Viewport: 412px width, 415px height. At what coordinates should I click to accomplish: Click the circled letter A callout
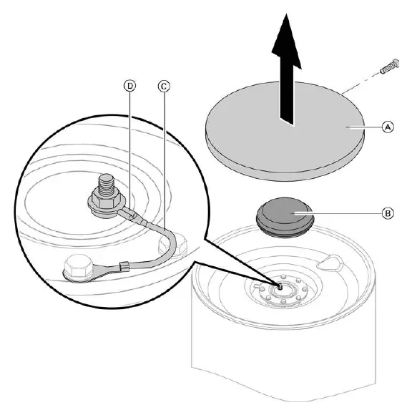pos(388,127)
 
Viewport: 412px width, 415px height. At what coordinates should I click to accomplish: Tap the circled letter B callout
pos(388,213)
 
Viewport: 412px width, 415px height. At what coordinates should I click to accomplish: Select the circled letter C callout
pos(164,87)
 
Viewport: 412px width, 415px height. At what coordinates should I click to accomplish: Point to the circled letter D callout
pos(130,86)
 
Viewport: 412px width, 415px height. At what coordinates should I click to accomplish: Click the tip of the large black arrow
pos(286,14)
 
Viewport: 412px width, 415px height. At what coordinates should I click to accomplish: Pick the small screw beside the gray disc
pos(390,67)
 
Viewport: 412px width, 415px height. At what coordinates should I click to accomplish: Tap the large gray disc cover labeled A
pos(285,131)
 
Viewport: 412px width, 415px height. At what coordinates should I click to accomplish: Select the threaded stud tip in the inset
pos(107,183)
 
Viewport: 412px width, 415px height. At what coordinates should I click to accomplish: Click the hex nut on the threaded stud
pos(105,202)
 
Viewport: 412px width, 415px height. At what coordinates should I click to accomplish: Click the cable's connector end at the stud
pos(129,213)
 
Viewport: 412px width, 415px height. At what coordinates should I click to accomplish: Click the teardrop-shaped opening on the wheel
pos(330,263)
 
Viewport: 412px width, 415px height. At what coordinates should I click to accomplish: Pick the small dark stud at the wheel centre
pos(280,285)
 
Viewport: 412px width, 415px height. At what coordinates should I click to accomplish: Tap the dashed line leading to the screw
pos(361,82)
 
